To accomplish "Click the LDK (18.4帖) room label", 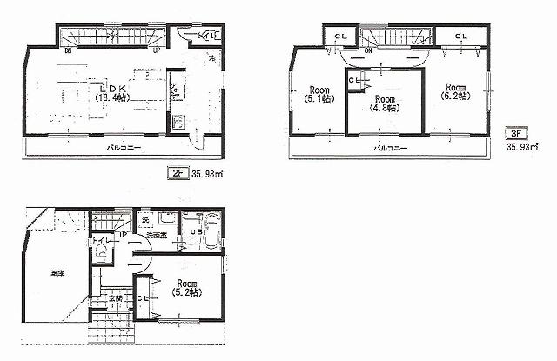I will click(x=113, y=92).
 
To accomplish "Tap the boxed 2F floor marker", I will click(x=177, y=173).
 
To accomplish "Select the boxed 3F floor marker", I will click(x=516, y=135).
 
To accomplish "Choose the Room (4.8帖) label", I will click(x=385, y=104).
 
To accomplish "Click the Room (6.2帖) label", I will click(x=453, y=92).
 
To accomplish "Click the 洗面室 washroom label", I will click(x=157, y=235).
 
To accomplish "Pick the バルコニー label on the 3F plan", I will click(x=391, y=149).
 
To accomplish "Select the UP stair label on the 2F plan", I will click(x=156, y=50).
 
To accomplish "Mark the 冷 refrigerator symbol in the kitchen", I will click(x=211, y=59).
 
